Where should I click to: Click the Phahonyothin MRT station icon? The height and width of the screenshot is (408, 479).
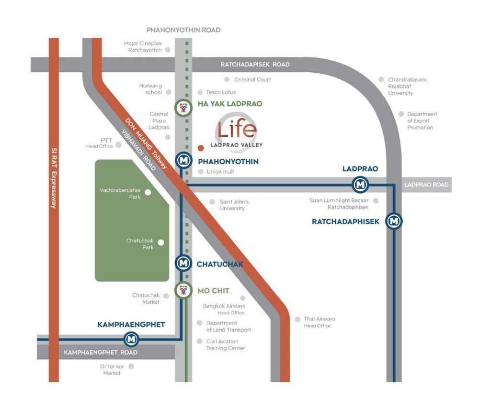[x=183, y=161]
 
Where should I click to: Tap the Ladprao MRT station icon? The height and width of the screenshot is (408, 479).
[x=360, y=184]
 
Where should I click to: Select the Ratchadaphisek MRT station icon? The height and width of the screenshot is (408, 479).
[x=394, y=221]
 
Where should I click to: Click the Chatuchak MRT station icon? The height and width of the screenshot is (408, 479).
[x=182, y=263]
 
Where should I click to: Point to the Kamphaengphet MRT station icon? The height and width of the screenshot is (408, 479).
[x=131, y=340]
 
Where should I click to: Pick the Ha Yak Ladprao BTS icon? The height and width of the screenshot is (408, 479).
[x=182, y=108]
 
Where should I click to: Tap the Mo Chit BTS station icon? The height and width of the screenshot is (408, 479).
[x=182, y=290]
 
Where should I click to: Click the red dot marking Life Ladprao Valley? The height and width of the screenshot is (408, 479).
[x=201, y=148]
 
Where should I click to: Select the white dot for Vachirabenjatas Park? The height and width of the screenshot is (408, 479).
[x=148, y=192]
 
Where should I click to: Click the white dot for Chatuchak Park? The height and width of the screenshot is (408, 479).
[x=161, y=243]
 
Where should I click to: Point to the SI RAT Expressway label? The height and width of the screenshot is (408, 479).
[x=54, y=177]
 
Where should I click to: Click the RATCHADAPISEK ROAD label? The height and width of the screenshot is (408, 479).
[x=255, y=65]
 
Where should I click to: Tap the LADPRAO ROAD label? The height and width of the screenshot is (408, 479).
[x=426, y=185]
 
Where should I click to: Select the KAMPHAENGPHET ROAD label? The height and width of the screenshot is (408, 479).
[x=101, y=353]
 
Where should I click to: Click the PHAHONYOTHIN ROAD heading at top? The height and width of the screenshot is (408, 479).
[x=183, y=30]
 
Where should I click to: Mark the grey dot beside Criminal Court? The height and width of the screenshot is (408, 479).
[x=227, y=79]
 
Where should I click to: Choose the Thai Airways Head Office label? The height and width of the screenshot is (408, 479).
[x=319, y=322]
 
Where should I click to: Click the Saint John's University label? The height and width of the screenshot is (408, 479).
[x=234, y=205]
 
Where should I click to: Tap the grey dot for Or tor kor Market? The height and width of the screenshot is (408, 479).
[x=131, y=366]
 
